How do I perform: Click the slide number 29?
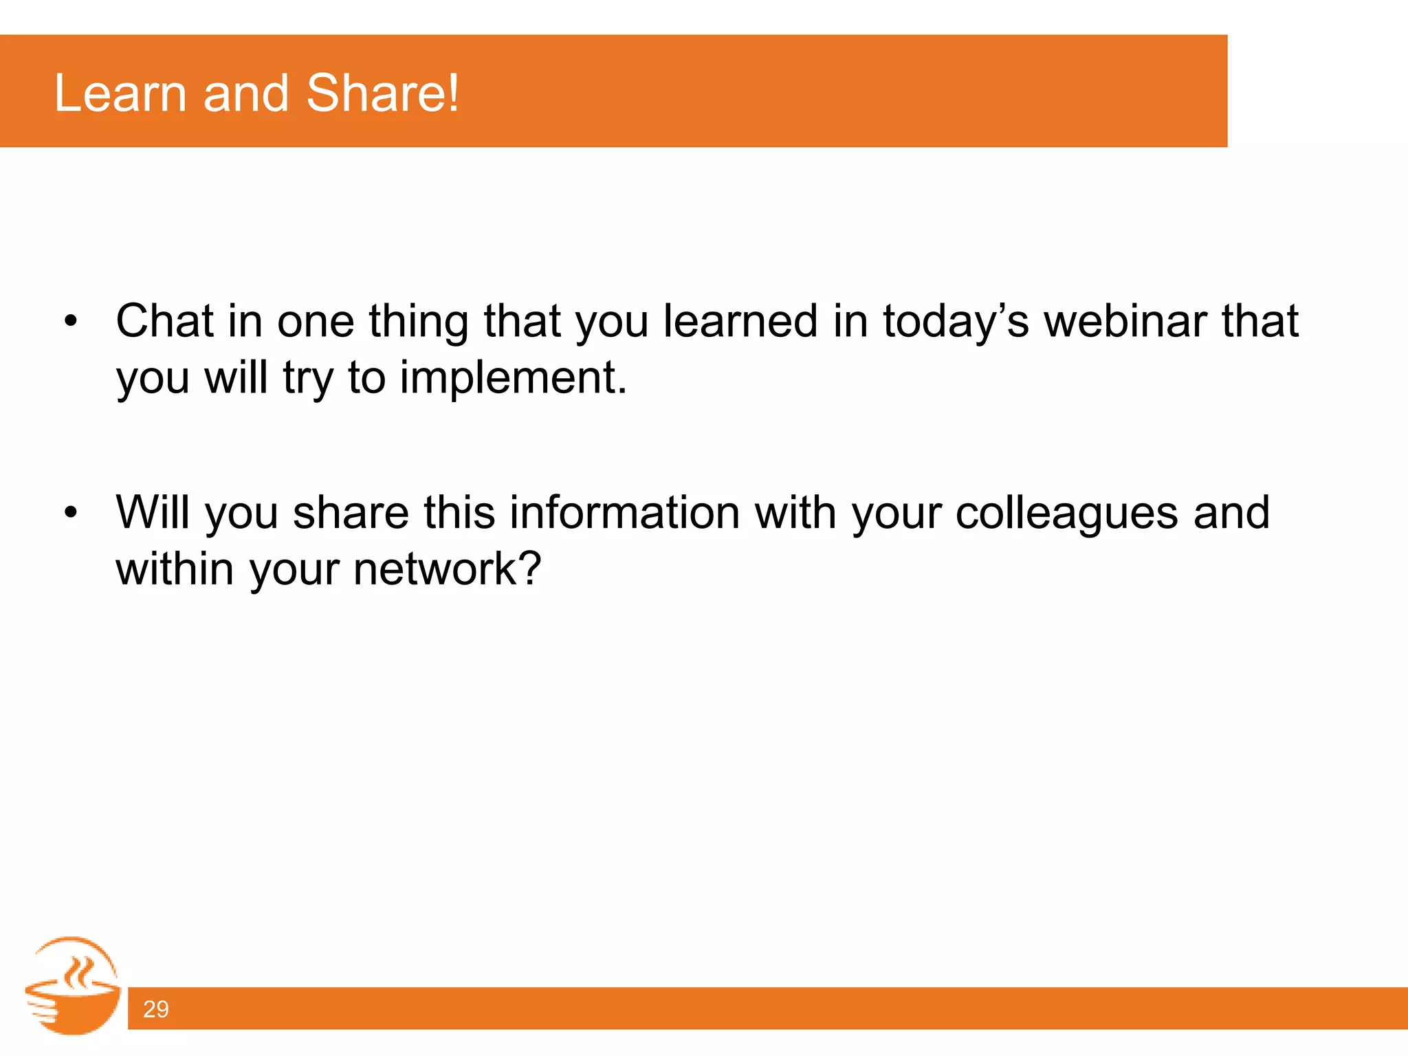point(155,1009)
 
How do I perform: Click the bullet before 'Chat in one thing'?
point(70,322)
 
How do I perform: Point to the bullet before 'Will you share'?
point(70,513)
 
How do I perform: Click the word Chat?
point(164,321)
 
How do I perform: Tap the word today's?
point(956,322)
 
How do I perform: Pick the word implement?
point(513,378)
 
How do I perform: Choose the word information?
point(624,513)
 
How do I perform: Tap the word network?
point(448,569)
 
